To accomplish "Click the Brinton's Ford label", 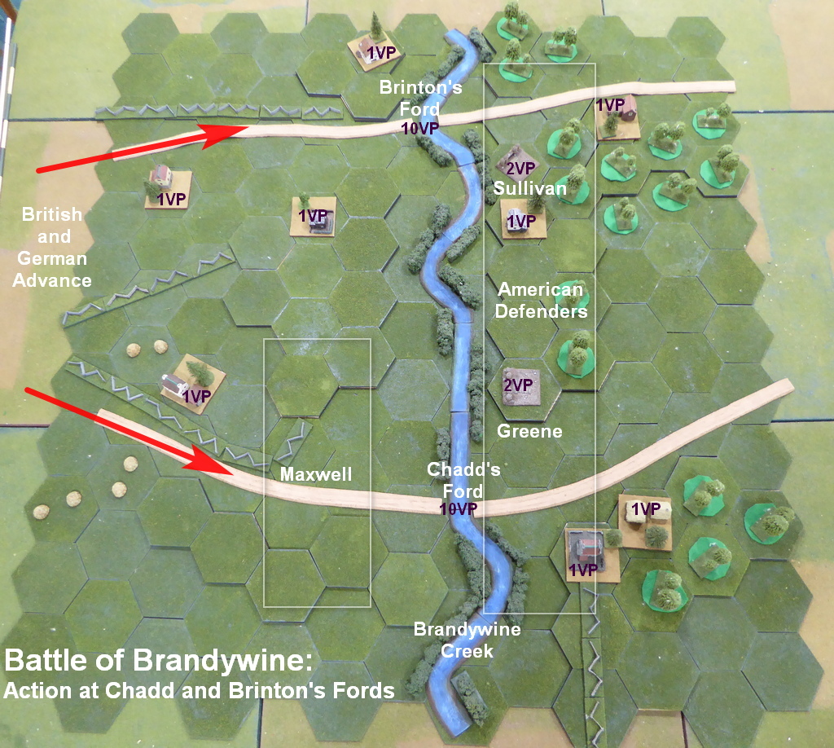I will (x=421, y=99).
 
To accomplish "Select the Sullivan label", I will (x=529, y=188).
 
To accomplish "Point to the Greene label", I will (x=529, y=430).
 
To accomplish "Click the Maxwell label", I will (x=316, y=473).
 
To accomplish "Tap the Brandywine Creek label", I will (x=467, y=640).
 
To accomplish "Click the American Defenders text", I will (x=542, y=301).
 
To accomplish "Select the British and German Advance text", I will (x=53, y=248).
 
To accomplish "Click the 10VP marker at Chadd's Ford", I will (x=457, y=508).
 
